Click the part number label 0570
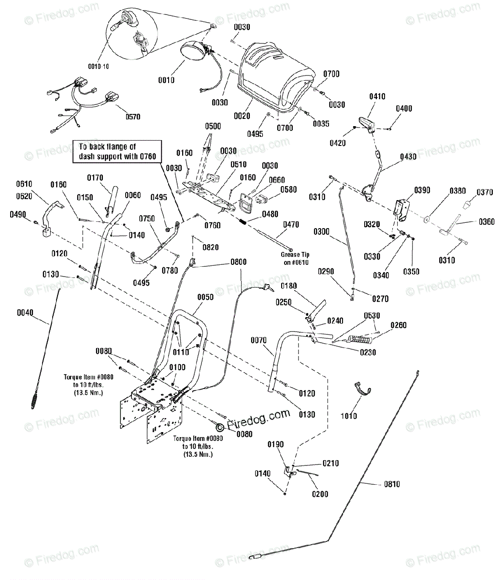click(133, 117)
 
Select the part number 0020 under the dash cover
click(242, 116)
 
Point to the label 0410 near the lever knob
click(377, 97)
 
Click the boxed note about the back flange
click(117, 151)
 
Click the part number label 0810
click(392, 484)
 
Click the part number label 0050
click(205, 297)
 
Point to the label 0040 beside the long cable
click(25, 313)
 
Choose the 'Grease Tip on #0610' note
click(295, 259)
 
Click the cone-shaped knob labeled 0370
click(467, 205)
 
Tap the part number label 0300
click(321, 232)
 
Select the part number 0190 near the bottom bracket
click(275, 444)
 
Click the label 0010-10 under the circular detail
click(99, 67)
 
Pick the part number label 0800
click(239, 262)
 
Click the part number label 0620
click(24, 196)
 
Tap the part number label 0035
click(321, 124)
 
